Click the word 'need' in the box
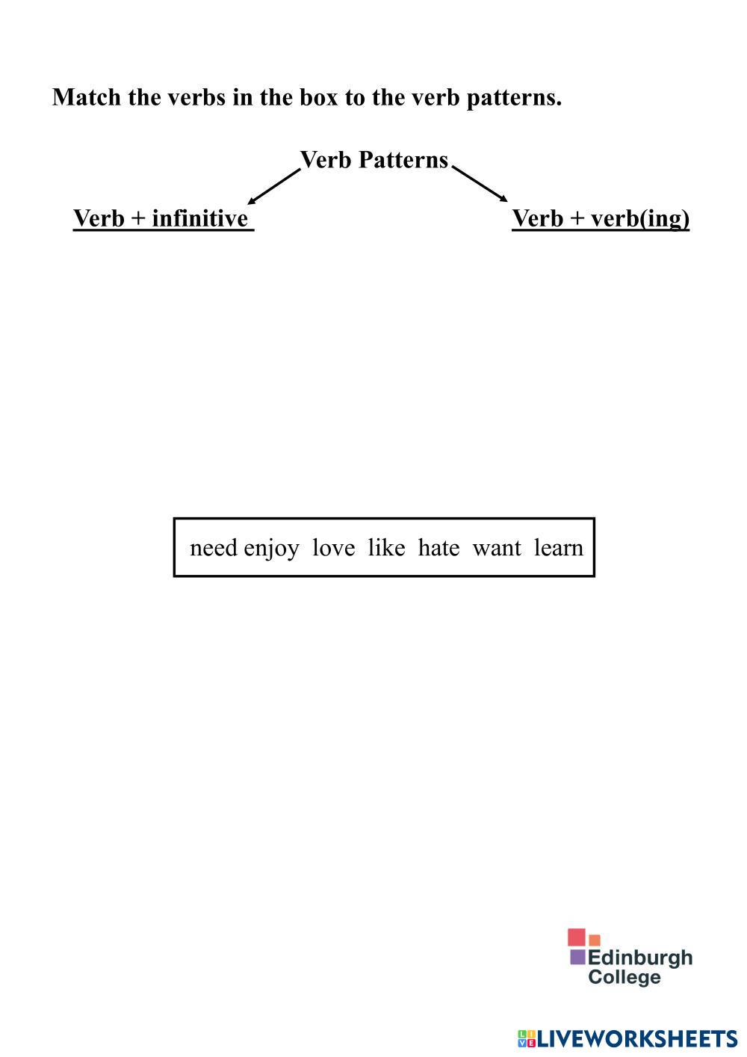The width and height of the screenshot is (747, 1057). pyautogui.click(x=213, y=548)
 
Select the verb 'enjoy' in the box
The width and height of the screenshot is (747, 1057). pyautogui.click(x=271, y=549)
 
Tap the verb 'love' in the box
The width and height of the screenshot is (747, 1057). pyautogui.click(x=333, y=548)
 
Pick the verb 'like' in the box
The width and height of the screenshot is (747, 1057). pyautogui.click(x=386, y=548)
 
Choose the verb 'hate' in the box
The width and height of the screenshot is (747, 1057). pyautogui.click(x=438, y=548)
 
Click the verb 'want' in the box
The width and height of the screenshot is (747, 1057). pyautogui.click(x=497, y=548)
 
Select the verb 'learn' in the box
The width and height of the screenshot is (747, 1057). pyautogui.click(x=558, y=548)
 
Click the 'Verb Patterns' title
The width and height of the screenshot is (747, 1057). pyautogui.click(x=373, y=160)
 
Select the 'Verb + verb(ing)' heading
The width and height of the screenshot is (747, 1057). pyautogui.click(x=601, y=218)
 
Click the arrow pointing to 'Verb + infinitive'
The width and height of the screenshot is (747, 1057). pyautogui.click(x=273, y=186)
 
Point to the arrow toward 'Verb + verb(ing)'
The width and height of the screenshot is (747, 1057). pyautogui.click(x=480, y=184)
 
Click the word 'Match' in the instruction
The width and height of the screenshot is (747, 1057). pyautogui.click(x=86, y=97)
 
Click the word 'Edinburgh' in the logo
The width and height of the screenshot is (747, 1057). pyautogui.click(x=640, y=958)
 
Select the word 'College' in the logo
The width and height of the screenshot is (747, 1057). pyautogui.click(x=624, y=977)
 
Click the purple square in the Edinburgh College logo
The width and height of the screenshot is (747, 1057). pyautogui.click(x=577, y=957)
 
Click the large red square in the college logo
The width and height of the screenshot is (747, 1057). pyautogui.click(x=576, y=937)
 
